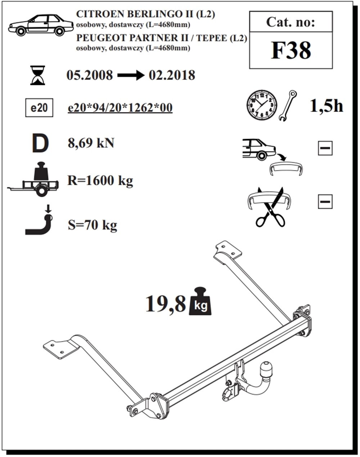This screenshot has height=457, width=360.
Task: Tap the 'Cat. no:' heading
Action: pos(290,22)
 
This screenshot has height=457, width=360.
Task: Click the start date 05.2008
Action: pos(90,75)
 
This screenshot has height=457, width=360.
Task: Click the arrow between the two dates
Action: pos(131,76)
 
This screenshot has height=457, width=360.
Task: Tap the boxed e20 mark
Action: pos(39,108)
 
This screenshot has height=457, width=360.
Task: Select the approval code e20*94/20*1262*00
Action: pos(120,108)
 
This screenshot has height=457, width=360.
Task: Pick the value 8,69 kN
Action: pos(91,143)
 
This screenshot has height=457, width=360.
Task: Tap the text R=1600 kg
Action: pos(100,180)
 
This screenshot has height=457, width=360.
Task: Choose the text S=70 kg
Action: pos(93,225)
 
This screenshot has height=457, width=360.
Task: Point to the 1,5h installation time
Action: pos(326,105)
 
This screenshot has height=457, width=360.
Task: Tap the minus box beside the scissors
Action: pos(325,202)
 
